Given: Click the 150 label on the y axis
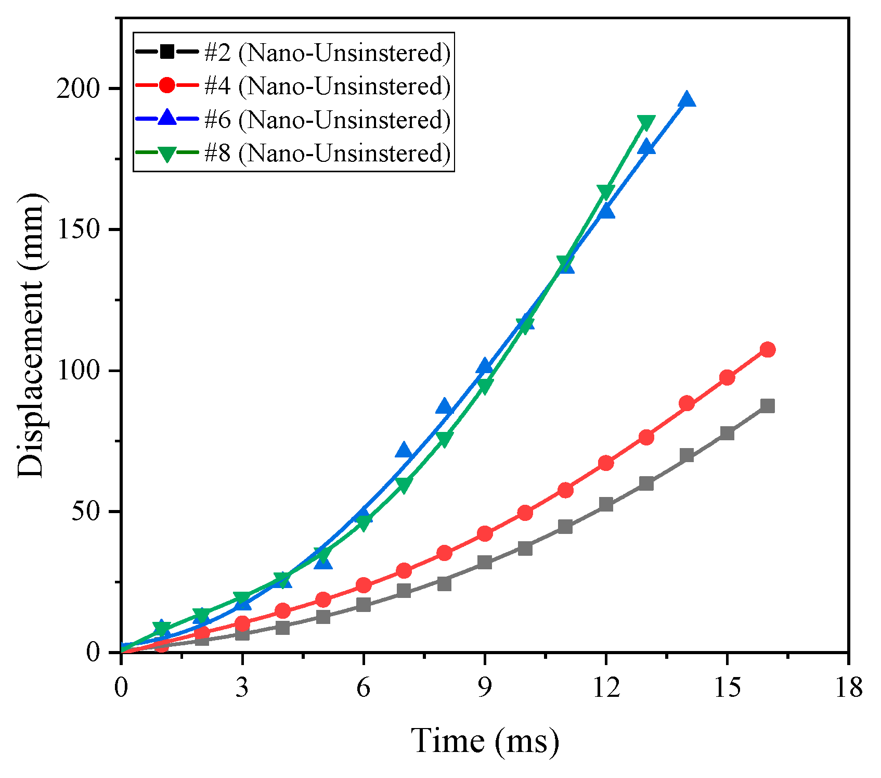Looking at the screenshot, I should click(79, 229).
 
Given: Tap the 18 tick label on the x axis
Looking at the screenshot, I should click(848, 688).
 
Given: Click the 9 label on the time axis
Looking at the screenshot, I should click(485, 688).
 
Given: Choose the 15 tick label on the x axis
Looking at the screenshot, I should click(727, 688).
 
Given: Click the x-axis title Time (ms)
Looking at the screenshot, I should click(485, 741).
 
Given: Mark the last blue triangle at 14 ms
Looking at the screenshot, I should click(686, 99).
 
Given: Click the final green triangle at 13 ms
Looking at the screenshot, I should click(646, 123).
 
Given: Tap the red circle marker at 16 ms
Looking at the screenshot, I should click(767, 350).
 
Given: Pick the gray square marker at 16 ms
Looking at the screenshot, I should click(767, 406).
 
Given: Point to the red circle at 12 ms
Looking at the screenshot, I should click(606, 463).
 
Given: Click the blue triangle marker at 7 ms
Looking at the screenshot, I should click(404, 451).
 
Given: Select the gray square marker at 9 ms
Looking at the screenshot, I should click(485, 563).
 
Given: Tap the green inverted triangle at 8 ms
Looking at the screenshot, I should click(444, 440).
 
